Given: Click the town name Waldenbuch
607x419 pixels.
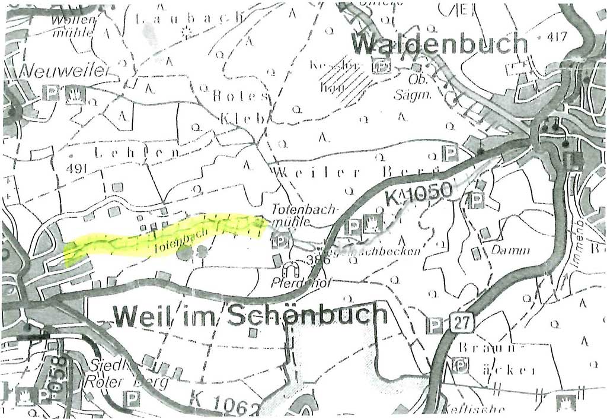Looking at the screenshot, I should [x=439, y=45].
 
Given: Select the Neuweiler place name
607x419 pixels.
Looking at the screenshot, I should [x=65, y=72].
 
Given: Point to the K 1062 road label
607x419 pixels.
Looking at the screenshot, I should [x=225, y=404].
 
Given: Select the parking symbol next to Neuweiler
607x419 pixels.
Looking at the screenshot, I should [x=53, y=93].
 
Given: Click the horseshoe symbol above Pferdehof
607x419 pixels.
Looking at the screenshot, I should [x=291, y=270].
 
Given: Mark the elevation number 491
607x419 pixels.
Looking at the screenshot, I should [x=77, y=169].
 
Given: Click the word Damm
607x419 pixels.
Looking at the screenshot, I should [x=510, y=250].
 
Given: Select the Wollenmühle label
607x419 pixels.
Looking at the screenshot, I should [x=72, y=27].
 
